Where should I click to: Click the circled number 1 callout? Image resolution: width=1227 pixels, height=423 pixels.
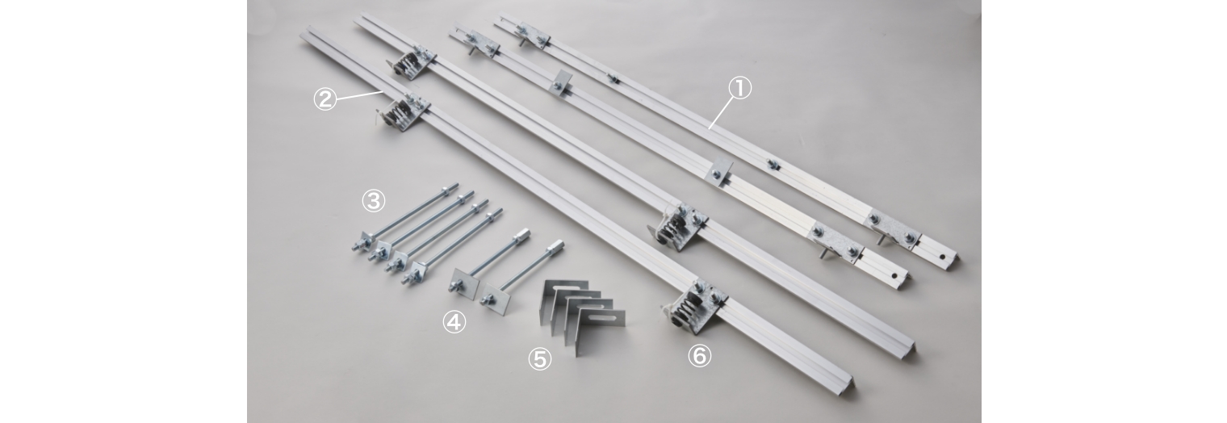pos(739,88)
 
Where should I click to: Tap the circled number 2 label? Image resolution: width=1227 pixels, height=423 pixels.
pos(325,99)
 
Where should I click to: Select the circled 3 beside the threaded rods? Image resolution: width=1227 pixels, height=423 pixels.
pos(374,201)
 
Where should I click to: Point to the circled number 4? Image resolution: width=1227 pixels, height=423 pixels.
pos(454,322)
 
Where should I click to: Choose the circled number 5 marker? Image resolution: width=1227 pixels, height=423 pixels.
pos(539,359)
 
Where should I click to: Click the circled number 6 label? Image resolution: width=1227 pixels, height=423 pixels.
pos(700,356)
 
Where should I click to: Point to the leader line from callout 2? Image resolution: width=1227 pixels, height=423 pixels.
pos(358,96)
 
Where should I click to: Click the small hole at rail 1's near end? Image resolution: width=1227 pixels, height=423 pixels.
pos(940,257)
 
